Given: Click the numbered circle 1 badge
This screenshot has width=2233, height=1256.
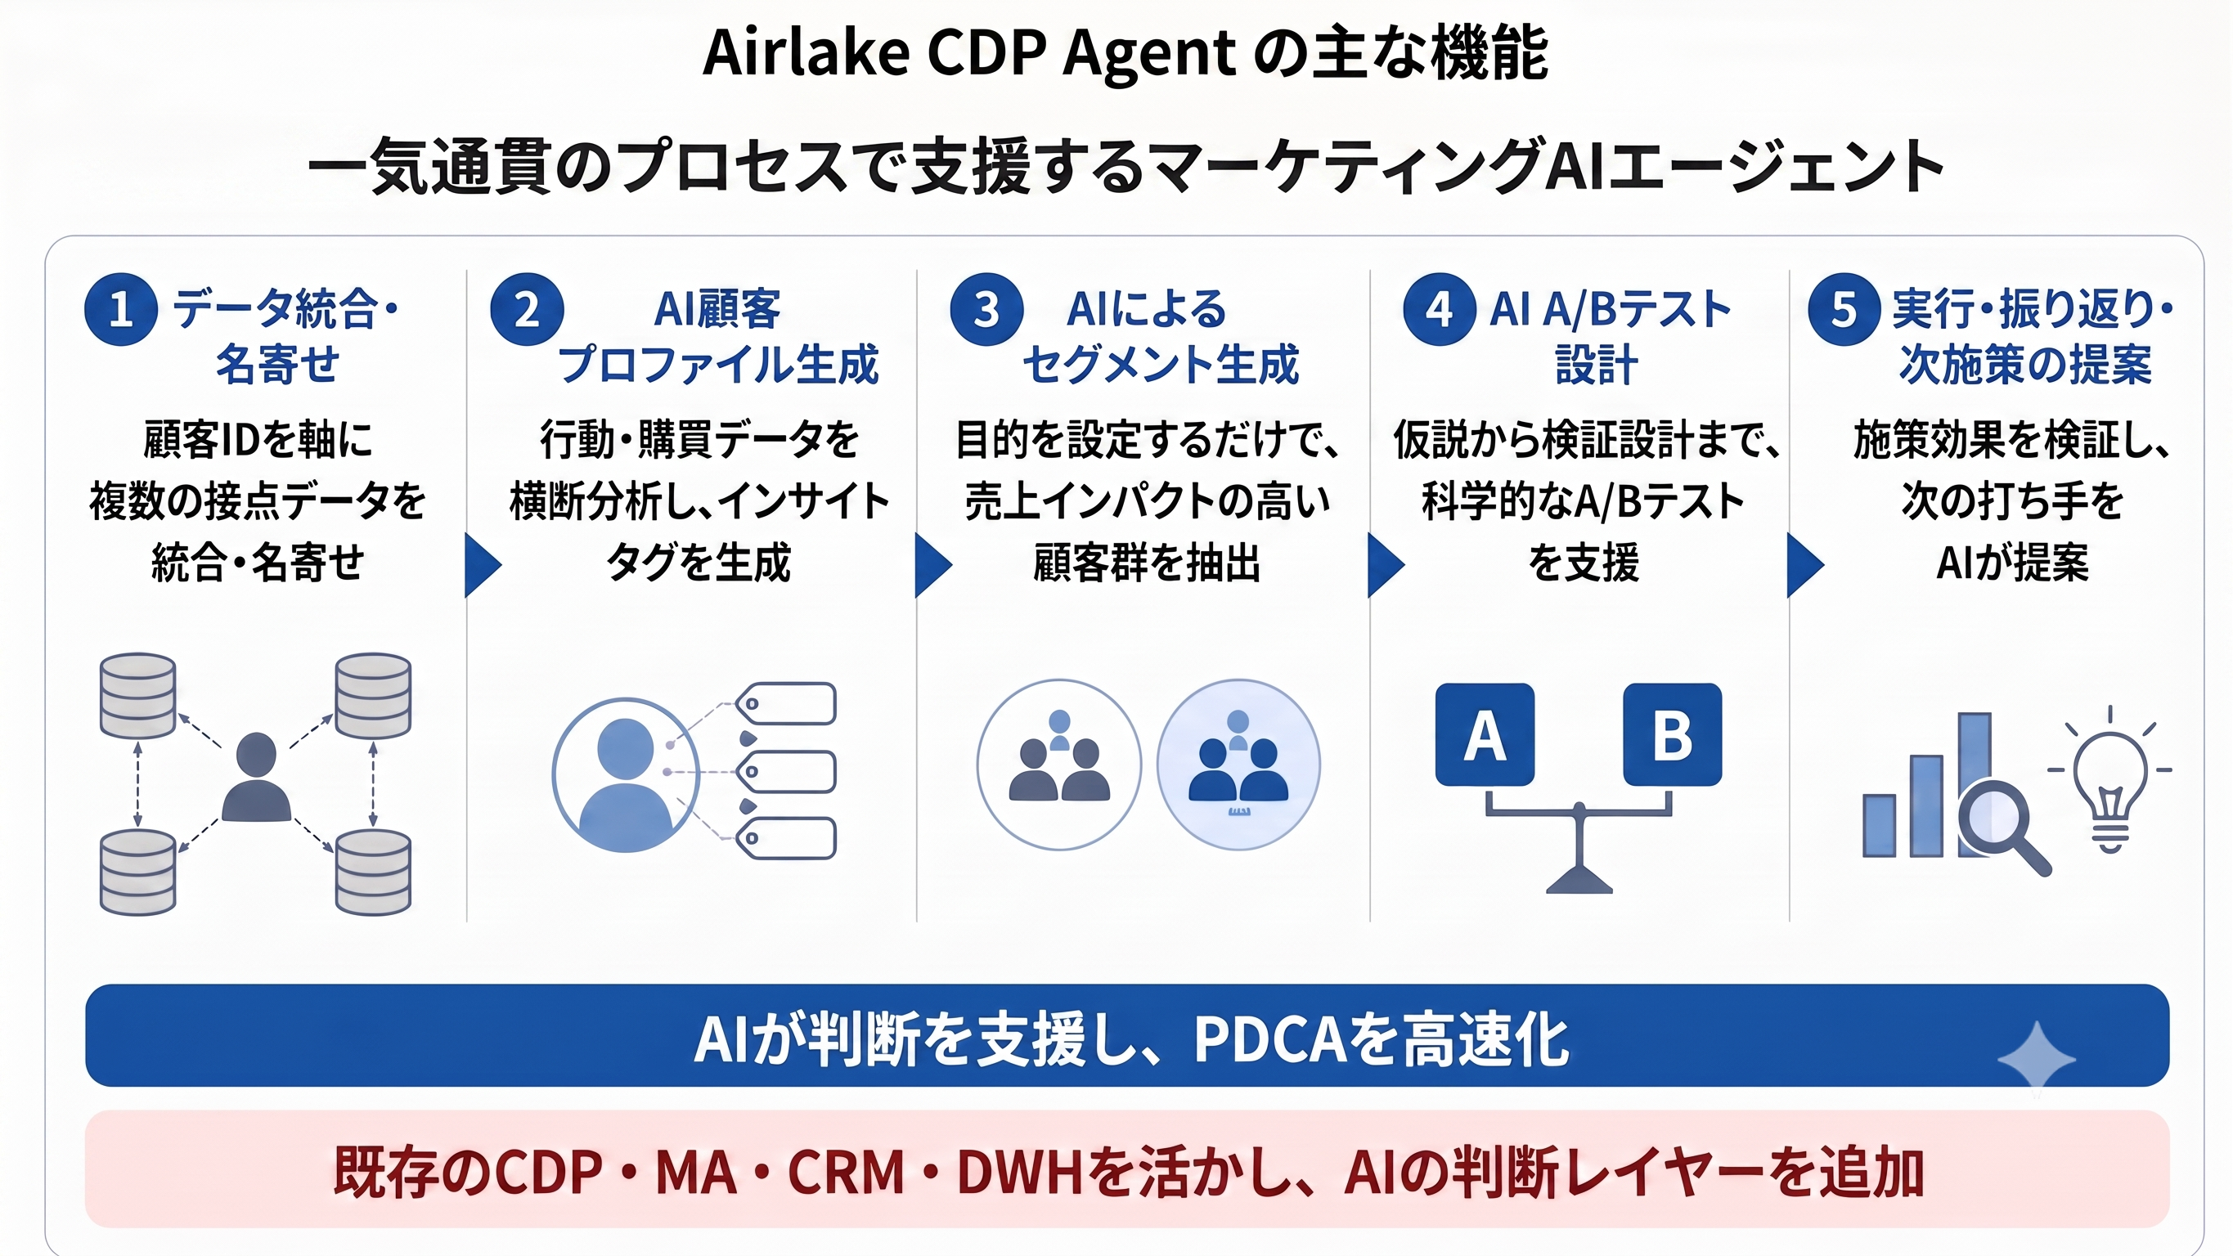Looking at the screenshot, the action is [x=120, y=309].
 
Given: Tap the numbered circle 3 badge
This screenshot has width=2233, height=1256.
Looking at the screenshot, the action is [x=986, y=309].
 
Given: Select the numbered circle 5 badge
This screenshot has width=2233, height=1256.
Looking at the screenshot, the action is [x=1844, y=309].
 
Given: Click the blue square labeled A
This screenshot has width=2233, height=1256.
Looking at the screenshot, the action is [x=1485, y=734].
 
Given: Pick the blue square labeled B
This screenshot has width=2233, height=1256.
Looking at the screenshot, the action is [x=1672, y=734].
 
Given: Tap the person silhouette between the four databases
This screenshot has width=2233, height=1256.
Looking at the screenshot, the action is [x=256, y=777].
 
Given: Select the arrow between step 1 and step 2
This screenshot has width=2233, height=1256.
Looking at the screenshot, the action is [x=483, y=565].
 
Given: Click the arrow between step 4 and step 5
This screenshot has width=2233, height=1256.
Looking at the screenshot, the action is [x=1806, y=565].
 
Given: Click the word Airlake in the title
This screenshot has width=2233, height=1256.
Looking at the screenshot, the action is [x=807, y=53].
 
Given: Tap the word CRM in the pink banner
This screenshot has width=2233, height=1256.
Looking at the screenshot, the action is [x=846, y=1172].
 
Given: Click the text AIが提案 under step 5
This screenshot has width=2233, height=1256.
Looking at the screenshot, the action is [x=2012, y=563].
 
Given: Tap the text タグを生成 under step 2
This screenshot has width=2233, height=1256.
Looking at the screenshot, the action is [x=699, y=563].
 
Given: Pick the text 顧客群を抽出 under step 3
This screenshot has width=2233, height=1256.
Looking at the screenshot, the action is [x=1146, y=563].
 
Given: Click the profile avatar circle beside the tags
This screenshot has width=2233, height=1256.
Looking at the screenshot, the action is [x=626, y=775].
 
